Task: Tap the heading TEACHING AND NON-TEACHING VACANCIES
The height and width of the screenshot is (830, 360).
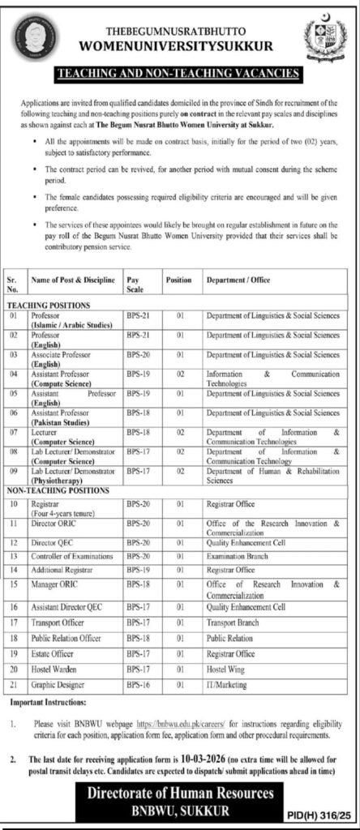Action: (x=179, y=73)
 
